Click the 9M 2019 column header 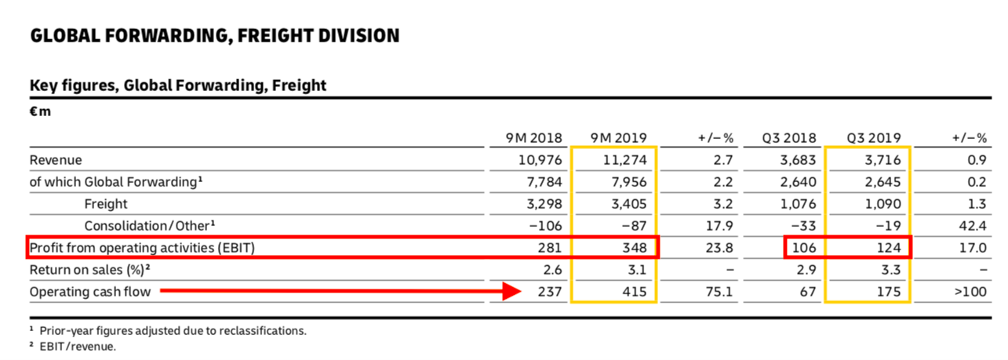(x=618, y=138)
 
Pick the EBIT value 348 (x=633, y=249)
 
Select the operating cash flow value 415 (x=633, y=293)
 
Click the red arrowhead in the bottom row (x=511, y=293)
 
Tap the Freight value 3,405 (x=627, y=205)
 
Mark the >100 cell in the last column (x=970, y=293)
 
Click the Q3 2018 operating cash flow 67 (x=809, y=293)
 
